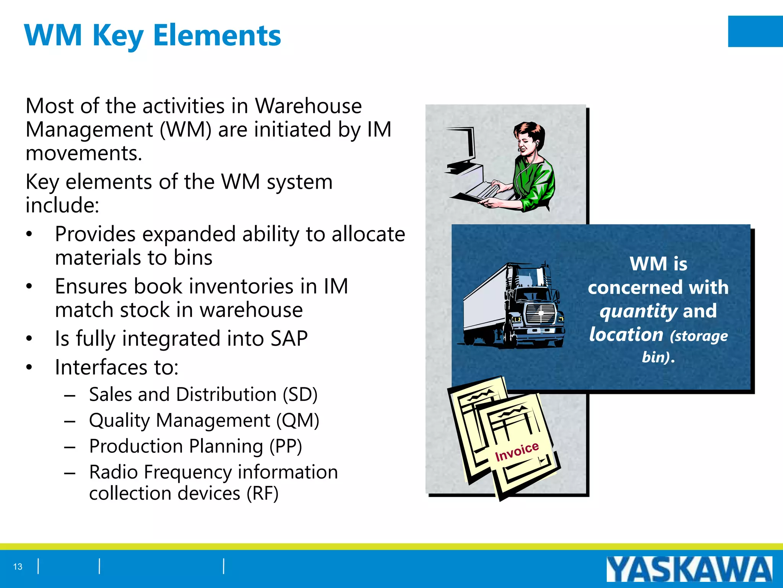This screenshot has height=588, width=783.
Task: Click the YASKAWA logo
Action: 689,569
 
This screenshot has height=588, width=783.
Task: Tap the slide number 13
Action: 18,567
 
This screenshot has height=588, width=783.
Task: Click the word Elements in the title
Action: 217,35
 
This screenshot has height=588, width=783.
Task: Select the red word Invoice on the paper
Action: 517,451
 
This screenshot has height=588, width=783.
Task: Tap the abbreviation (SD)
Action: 300,394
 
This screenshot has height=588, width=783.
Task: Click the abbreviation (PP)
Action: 286,446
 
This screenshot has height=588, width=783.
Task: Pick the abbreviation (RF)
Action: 262,493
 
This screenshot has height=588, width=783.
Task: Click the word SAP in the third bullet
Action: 289,338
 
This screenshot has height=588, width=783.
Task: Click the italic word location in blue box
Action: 626,335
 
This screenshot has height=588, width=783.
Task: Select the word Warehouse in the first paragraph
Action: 308,106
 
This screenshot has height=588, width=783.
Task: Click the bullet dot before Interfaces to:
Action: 29,367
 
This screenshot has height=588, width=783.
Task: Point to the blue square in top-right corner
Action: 755,31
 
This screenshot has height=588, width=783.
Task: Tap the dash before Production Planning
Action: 70,447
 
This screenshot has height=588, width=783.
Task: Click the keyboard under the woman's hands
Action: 486,191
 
